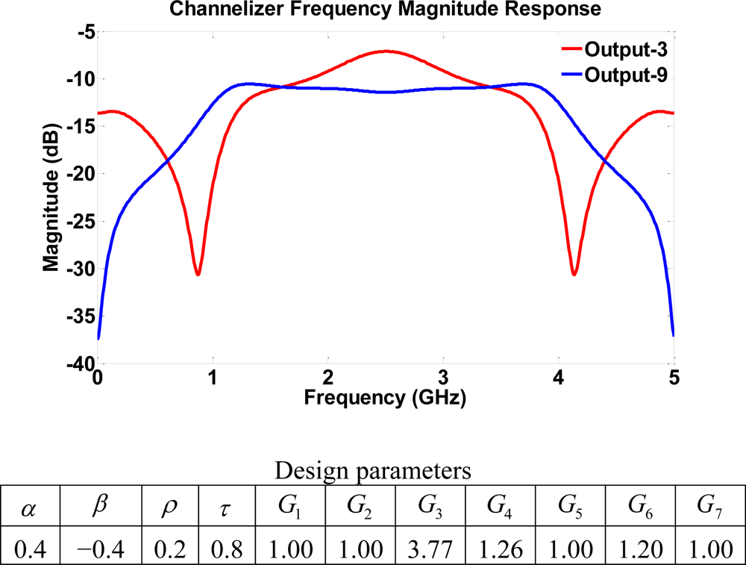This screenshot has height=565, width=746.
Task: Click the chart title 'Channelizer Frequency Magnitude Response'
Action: click(386, 10)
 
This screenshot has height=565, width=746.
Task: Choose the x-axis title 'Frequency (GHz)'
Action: click(385, 398)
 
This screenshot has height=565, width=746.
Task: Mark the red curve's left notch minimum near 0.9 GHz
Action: click(198, 274)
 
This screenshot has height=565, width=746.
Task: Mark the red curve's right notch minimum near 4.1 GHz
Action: click(574, 274)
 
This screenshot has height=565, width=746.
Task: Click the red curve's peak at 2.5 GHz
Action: click(386, 51)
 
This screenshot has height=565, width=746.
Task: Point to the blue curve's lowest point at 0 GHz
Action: click(98, 338)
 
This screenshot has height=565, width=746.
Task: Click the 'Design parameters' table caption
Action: click(373, 471)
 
